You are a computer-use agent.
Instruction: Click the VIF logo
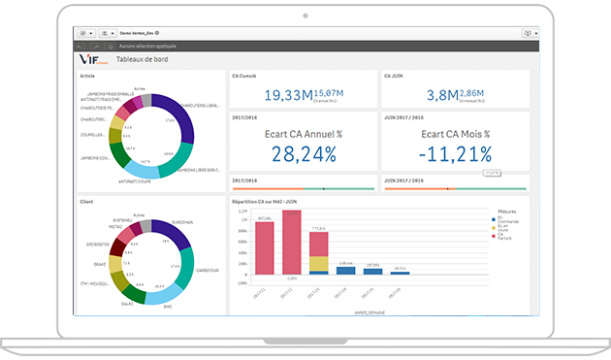pos(95,59)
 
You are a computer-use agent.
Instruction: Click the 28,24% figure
pos(304,153)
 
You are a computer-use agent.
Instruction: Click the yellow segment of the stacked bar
pos(318,263)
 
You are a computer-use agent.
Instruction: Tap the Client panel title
pos(86,202)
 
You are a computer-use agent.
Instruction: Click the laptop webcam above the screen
pos(305,16)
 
